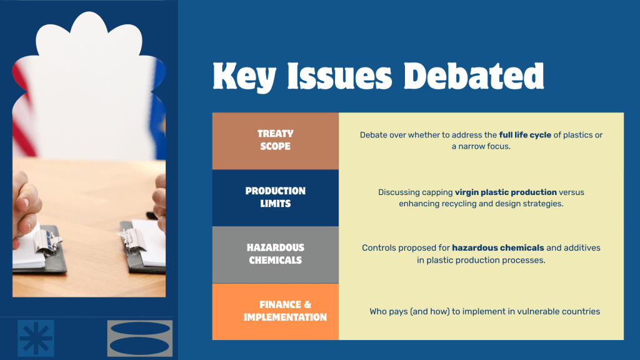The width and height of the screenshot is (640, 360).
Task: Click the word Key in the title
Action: (x=244, y=77)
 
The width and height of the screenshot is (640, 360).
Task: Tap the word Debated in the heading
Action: (x=474, y=76)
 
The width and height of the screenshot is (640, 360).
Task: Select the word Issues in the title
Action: (x=339, y=76)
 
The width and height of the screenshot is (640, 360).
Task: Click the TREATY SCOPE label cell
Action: (x=276, y=141)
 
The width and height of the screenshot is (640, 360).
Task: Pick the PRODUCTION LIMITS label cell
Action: (x=276, y=197)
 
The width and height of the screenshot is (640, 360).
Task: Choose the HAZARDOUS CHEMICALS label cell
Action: (x=276, y=254)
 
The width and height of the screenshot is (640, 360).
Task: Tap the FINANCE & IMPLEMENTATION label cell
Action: (x=276, y=311)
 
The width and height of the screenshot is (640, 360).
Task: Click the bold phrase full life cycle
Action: (x=525, y=135)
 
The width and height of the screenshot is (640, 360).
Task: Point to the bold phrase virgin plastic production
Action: (x=506, y=192)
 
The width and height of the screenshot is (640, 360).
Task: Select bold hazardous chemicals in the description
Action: (x=498, y=247)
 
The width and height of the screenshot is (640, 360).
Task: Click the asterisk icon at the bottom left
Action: (x=36, y=338)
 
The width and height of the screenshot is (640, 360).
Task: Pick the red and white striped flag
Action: (x=24, y=110)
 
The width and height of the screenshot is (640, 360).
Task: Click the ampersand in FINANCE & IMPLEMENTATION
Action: (x=307, y=305)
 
